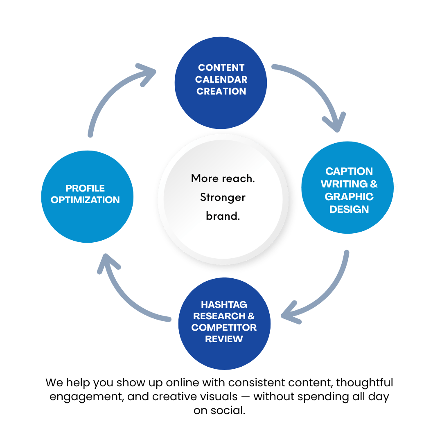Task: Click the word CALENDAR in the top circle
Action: click(x=221, y=79)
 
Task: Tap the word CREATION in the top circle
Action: click(x=221, y=91)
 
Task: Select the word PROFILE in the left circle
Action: click(x=85, y=188)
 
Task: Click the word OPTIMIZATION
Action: click(x=85, y=200)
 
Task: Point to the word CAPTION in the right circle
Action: click(x=349, y=171)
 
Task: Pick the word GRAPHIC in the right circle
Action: click(x=349, y=197)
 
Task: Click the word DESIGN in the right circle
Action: click(x=349, y=210)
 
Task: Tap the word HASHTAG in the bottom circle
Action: click(x=224, y=305)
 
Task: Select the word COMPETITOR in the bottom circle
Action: click(x=224, y=328)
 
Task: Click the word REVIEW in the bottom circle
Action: click(x=224, y=339)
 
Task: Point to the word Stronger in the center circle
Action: click(x=223, y=198)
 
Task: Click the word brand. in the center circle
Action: click(x=223, y=216)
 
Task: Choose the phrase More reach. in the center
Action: click(x=223, y=178)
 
